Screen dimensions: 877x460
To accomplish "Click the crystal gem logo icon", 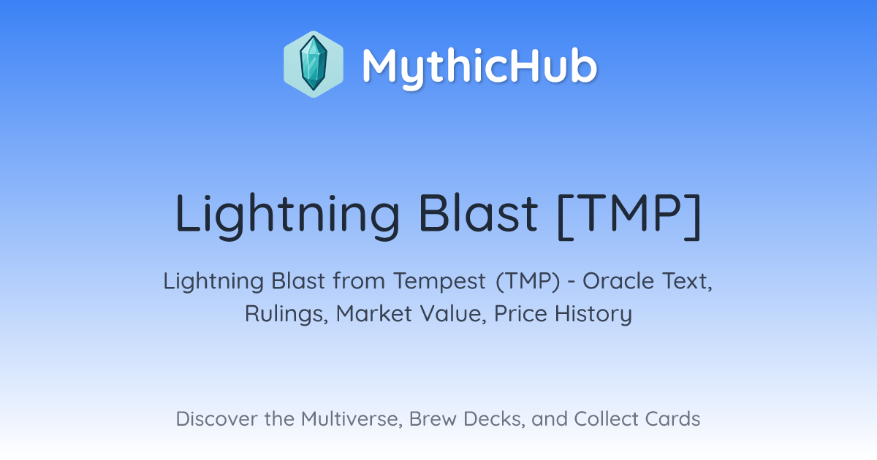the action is tap(314, 64).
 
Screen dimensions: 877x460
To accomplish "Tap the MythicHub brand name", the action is tap(480, 66).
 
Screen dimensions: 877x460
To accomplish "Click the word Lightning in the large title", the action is tap(287, 215).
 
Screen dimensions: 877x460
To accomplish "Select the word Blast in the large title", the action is tap(478, 212).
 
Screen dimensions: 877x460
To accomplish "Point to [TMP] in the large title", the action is tap(629, 215).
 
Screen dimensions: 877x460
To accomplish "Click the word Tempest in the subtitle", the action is tap(440, 282).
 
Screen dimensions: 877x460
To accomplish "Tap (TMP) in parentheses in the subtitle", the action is tap(528, 282).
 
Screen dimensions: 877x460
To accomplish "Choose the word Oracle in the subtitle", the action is tap(618, 280).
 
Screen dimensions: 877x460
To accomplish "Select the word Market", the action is tap(374, 313).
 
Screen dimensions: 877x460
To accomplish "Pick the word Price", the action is tap(520, 313).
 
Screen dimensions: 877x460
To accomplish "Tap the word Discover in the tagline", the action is tap(216, 418).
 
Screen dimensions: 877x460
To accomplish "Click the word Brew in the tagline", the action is tap(433, 418).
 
